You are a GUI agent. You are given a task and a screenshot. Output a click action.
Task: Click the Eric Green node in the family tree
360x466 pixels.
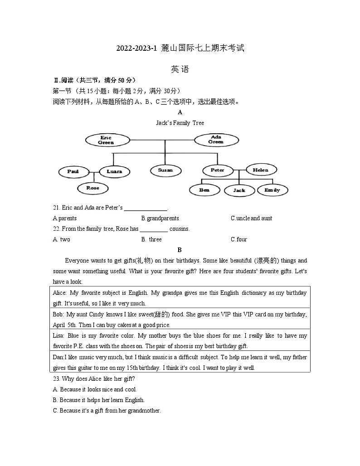click(106, 140)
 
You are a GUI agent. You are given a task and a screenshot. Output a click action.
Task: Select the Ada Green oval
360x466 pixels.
click(215, 140)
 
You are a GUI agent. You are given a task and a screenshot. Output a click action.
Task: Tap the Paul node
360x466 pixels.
click(73, 172)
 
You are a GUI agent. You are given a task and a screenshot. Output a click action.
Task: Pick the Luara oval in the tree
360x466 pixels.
click(114, 172)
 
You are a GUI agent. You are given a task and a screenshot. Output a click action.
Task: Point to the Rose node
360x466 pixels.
click(92, 188)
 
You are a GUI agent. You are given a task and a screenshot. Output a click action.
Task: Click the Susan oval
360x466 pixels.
click(165, 170)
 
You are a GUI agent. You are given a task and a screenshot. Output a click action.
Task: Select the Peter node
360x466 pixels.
click(217, 170)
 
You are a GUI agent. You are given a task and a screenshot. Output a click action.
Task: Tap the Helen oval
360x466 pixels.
click(260, 170)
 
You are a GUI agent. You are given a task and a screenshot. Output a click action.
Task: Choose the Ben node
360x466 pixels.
click(204, 190)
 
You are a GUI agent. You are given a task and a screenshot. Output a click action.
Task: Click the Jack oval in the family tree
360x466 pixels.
click(239, 190)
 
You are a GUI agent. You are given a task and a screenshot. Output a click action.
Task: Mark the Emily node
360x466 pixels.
click(272, 190)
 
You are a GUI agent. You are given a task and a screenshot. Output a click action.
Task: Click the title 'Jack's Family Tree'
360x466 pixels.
click(180, 123)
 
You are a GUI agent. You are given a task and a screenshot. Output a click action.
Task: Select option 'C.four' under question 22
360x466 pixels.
click(238, 239)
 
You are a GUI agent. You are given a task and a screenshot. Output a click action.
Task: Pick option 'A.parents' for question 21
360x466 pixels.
click(65, 218)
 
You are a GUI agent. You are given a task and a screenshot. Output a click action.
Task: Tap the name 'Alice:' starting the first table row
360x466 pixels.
click(60, 293)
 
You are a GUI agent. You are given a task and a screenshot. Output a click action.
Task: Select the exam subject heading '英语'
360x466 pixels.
click(180, 69)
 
